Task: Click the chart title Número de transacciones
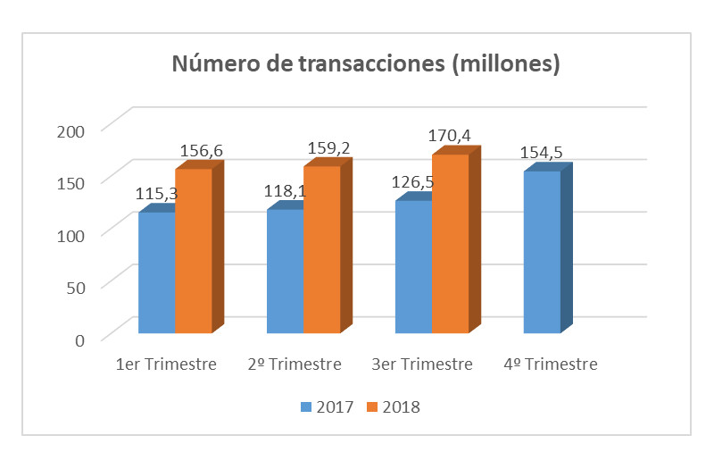[365, 65]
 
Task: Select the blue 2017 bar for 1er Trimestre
[156, 272]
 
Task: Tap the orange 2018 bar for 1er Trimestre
[193, 251]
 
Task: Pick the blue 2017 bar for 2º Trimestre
[285, 272]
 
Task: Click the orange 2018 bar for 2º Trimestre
[321, 250]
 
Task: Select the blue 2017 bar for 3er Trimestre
[413, 267]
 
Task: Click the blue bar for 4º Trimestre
[542, 252]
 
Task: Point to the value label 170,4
[451, 136]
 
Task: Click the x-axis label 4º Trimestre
[551, 364]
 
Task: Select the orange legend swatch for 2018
[373, 407]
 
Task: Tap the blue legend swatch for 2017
[306, 407]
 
